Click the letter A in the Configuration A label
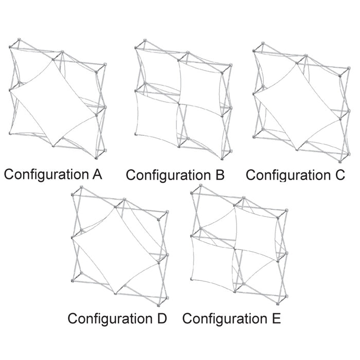(96, 174)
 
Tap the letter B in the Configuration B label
(219, 175)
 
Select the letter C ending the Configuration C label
(339, 175)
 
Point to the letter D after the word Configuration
(160, 318)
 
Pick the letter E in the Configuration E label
(276, 318)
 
